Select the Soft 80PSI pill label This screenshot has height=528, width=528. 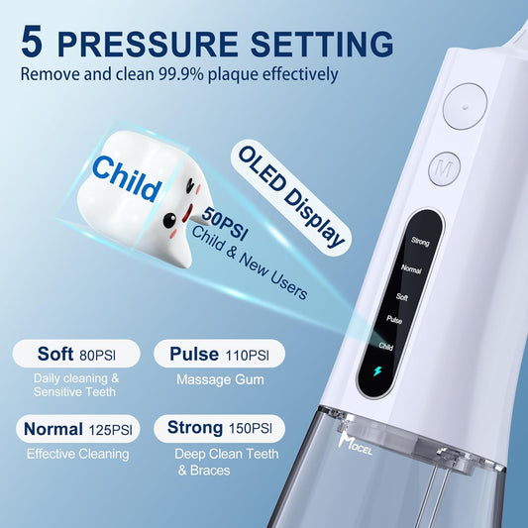76,354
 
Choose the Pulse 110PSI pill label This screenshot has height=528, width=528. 219,354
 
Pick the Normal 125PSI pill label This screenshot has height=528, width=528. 76,429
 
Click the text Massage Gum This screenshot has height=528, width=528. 218,379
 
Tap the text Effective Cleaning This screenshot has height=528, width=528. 77,454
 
